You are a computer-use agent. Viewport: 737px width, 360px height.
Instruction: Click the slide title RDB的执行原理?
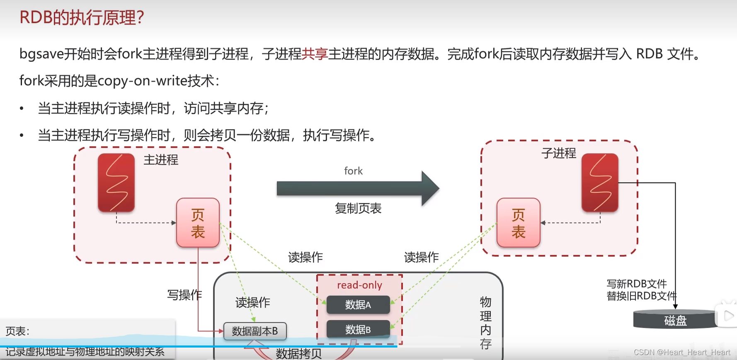82,18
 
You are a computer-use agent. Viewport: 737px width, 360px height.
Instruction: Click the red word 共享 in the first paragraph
315,54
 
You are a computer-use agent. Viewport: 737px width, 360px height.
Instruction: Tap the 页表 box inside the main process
198,223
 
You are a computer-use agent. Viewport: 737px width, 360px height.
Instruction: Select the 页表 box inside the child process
518,223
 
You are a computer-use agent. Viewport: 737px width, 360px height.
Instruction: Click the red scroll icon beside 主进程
116,182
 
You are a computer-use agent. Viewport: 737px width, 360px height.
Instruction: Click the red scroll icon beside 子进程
600,182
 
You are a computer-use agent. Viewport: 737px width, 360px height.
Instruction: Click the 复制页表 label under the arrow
358,208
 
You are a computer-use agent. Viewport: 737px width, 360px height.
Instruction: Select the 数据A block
358,305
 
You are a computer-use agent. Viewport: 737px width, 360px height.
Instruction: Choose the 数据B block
358,329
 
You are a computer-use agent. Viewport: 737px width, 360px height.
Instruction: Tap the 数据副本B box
255,331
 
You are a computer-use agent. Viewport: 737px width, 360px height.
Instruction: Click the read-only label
359,285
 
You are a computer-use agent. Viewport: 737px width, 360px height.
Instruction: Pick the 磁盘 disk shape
675,320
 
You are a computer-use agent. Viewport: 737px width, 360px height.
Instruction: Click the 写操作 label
184,295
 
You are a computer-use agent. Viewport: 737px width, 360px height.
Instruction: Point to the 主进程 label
161,160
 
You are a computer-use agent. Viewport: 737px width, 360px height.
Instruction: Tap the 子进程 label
558,153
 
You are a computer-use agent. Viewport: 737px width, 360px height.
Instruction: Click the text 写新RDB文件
636,284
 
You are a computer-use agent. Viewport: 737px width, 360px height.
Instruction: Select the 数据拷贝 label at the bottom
298,353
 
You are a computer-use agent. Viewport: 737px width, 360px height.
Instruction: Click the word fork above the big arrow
353,171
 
